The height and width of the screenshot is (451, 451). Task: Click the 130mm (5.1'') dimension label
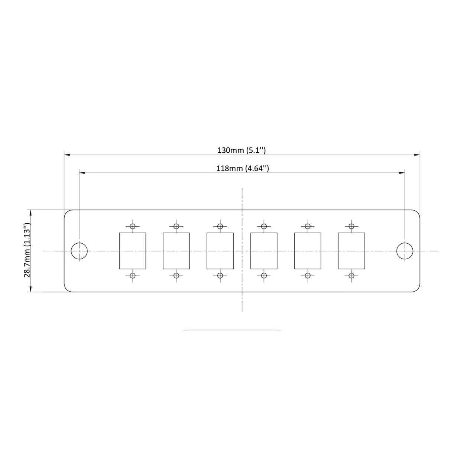241,150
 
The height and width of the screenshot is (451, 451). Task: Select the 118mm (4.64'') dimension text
243,168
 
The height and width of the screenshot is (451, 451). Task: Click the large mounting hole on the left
79,251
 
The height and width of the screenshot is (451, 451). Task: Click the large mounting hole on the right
405,251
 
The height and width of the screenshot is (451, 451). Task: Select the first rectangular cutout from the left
132,251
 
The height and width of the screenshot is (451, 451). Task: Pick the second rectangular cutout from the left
176,251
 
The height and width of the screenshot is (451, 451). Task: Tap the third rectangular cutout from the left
220,251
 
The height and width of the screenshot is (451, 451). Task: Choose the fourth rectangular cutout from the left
264,251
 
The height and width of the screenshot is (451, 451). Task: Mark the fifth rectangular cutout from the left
308,251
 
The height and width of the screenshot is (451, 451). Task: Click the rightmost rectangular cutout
351,251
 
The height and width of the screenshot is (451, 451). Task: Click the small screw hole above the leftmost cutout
132,226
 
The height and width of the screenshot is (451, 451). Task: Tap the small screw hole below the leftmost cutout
132,276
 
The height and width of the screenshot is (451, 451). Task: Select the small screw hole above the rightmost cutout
351,226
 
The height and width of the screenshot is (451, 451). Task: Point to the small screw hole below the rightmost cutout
351,276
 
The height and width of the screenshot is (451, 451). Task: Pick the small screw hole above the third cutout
220,226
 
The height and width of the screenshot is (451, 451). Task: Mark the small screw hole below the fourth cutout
264,276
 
